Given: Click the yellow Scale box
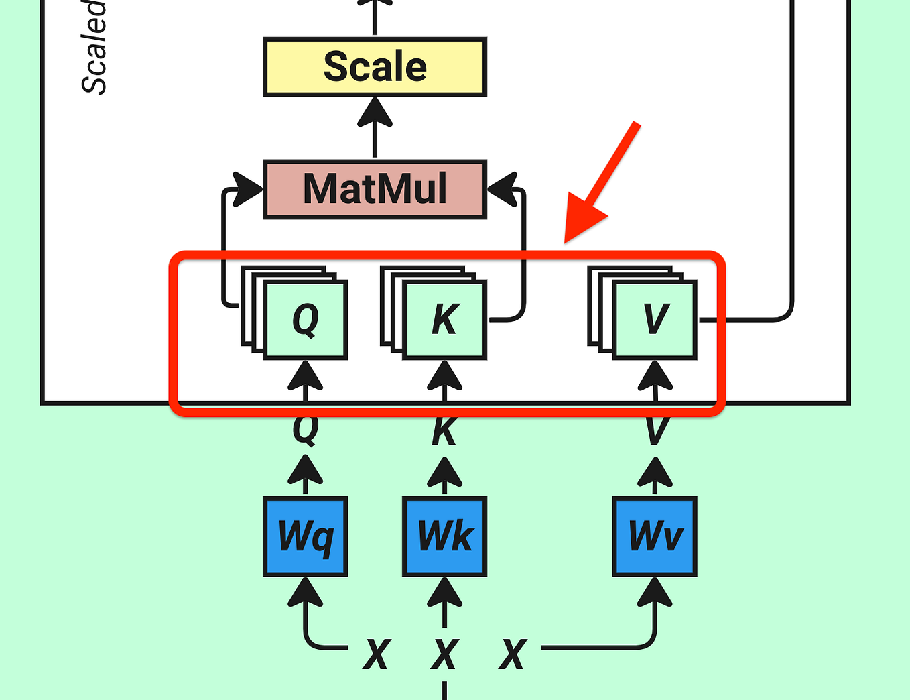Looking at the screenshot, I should pos(375,67).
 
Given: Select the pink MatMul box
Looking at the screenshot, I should pos(375,189).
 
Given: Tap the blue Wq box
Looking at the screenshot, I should pos(306,536).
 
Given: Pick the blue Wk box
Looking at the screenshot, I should pos(444,536).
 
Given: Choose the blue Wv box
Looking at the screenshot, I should pos(655,536).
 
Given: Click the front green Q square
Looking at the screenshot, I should pos(306,320).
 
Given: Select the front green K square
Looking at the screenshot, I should pos(445,320).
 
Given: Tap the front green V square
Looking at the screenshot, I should pos(655,320).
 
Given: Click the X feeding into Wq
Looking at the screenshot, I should pos(377,654).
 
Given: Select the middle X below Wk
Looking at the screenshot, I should pos(445,654).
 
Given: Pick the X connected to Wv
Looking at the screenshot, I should pos(513,654).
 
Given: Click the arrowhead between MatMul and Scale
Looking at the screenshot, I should pos(375,113).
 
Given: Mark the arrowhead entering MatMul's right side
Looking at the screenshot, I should pos(503,189).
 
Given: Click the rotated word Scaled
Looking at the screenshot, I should pos(94,47).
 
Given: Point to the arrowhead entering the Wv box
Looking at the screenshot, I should pos(655,593).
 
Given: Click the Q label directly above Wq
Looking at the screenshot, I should pos(306,429).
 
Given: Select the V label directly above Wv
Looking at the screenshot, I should pos(655,430).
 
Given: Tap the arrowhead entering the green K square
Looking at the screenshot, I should pos(445,375).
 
